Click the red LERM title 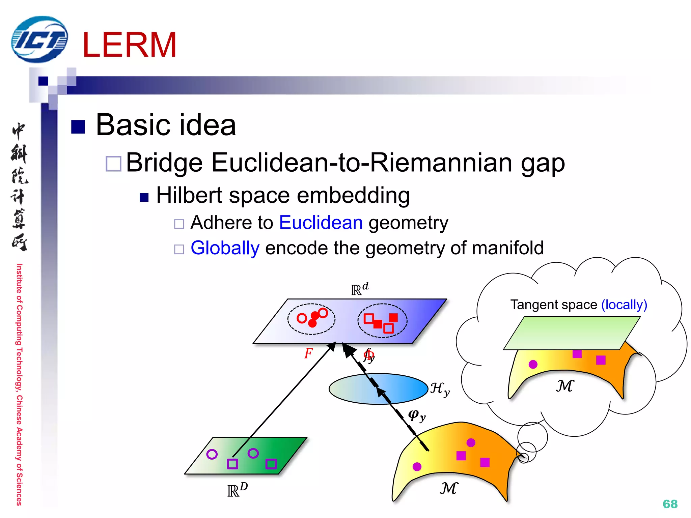(x=129, y=45)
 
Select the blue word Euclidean (x=321, y=223)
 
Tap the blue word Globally (x=225, y=248)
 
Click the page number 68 (x=670, y=504)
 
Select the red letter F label (x=308, y=353)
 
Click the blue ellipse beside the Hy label (x=378, y=388)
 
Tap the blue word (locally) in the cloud (x=624, y=305)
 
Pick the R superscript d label (x=360, y=289)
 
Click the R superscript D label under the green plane (x=238, y=490)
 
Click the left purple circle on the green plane (x=212, y=454)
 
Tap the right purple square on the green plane (x=271, y=464)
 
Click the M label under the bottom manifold (x=449, y=488)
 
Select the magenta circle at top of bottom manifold (x=471, y=442)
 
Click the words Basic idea (x=166, y=125)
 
